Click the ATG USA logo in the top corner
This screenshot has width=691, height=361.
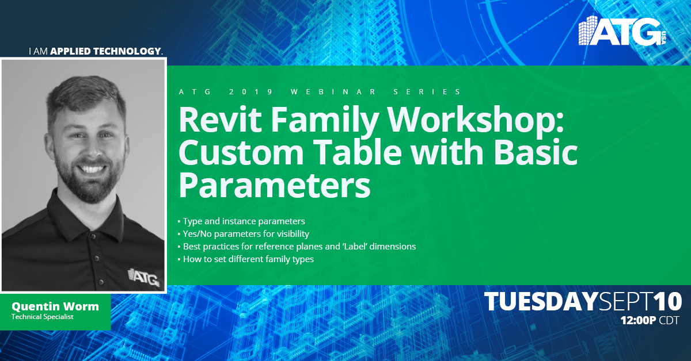tap(622, 31)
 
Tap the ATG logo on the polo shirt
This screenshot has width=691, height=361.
tap(143, 276)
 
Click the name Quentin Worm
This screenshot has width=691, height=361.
tap(55, 306)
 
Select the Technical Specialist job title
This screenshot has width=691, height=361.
tap(43, 317)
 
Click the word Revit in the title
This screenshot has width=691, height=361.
tap(220, 120)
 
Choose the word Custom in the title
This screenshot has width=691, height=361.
tap(241, 152)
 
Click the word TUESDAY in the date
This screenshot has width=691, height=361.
tap(541, 301)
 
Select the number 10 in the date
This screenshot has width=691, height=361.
tap(668, 301)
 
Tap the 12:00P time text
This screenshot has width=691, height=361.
tap(638, 320)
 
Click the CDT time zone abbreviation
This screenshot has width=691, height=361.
tap(669, 320)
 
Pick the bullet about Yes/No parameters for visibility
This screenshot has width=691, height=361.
tap(243, 234)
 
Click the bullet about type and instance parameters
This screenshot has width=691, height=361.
tap(241, 221)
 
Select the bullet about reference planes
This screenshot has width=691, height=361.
tap(297, 247)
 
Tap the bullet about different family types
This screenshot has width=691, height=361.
tap(245, 259)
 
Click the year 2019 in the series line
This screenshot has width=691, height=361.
tap(251, 92)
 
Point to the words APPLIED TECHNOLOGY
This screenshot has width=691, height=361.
tap(105, 51)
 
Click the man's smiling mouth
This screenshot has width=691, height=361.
tap(92, 168)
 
